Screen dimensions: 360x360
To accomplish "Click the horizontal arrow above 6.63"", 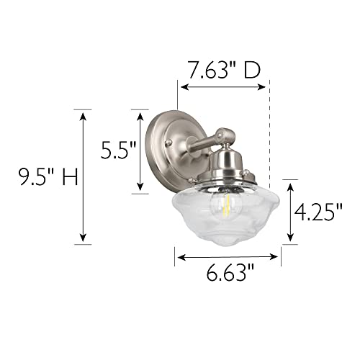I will tap(228, 256).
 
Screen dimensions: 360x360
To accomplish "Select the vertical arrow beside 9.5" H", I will tap(84, 176).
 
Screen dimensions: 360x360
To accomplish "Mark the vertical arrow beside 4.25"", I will tap(291, 212).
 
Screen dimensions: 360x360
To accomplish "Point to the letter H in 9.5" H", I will tap(68, 176).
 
